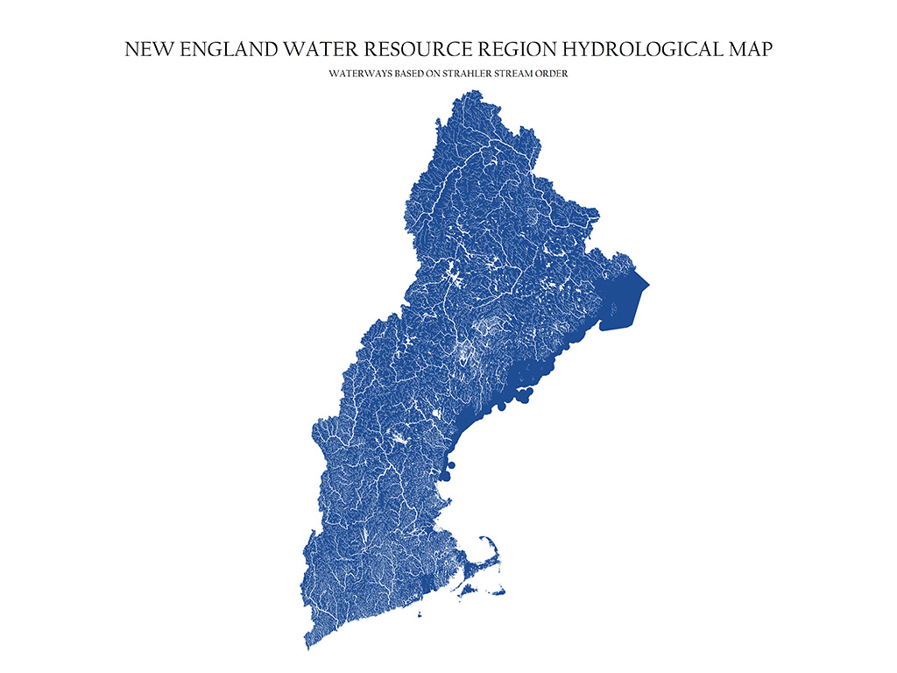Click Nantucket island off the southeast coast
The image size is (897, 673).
497,592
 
